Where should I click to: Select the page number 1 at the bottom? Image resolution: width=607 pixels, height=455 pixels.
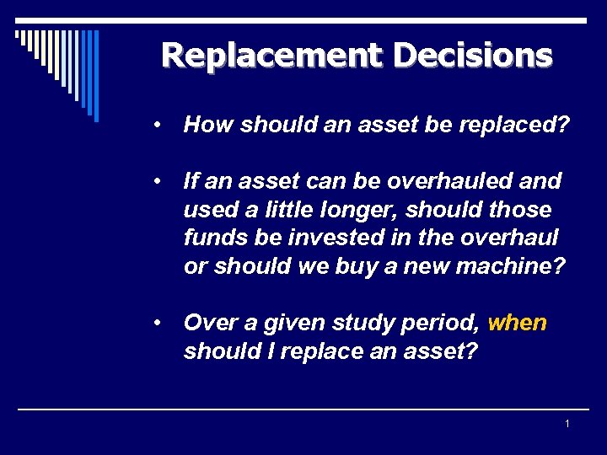(x=567, y=423)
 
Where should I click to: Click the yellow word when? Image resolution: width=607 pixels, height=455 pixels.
(x=517, y=323)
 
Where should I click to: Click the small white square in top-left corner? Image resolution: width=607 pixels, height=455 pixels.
(x=19, y=35)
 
